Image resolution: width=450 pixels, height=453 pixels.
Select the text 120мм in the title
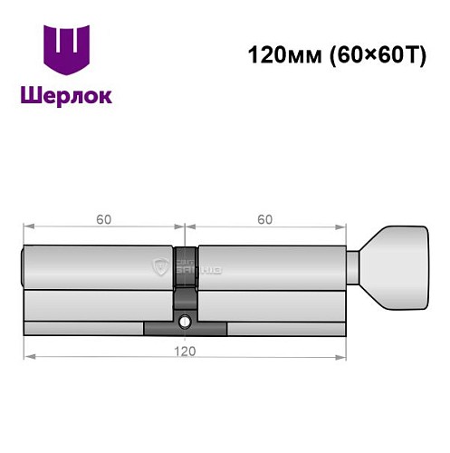coord(278,54)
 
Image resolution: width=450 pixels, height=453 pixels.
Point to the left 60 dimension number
coord(103,219)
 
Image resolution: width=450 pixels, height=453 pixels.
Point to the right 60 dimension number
coord(264,219)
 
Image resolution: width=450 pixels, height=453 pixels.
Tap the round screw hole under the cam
coord(185,320)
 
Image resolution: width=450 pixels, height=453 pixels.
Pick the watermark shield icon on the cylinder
coord(161,266)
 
